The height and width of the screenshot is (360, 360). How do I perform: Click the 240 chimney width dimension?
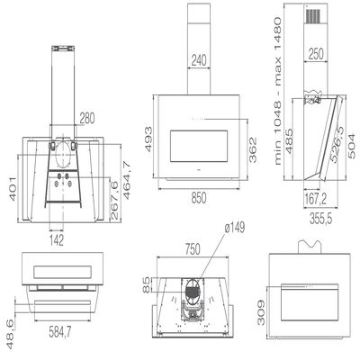coord(199,60)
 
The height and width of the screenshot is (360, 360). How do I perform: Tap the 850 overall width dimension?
coord(199,198)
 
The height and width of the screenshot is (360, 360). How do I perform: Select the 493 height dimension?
coord(148,139)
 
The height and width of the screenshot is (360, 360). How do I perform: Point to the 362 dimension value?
coord(253,149)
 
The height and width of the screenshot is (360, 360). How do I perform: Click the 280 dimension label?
coord(87,118)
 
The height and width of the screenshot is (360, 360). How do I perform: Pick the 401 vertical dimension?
coord(13,189)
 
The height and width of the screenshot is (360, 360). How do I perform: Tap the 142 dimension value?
coord(57,240)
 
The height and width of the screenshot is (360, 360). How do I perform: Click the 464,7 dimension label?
coord(127,180)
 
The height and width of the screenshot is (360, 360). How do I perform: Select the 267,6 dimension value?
coord(113,200)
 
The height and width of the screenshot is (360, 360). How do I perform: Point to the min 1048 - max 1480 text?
coord(278,91)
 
